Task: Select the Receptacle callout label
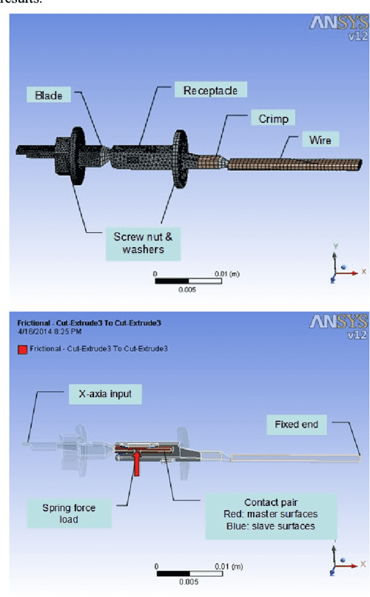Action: click(210, 90)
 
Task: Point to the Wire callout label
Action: click(320, 139)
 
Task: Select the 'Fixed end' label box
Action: click(296, 425)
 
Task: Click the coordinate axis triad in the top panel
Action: click(340, 267)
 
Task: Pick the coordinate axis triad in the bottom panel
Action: click(340, 567)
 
